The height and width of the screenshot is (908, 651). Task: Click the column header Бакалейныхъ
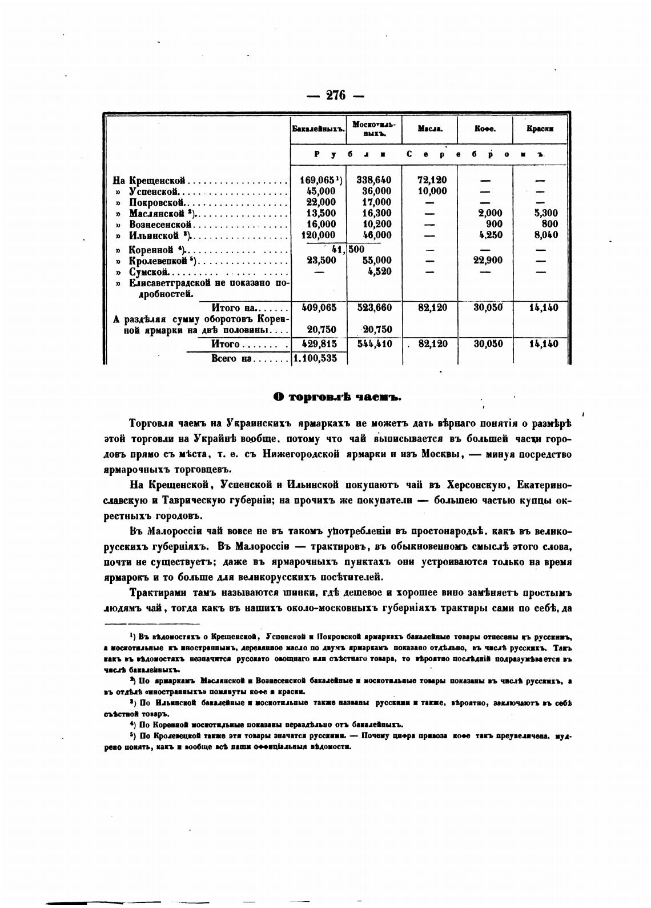(x=319, y=129)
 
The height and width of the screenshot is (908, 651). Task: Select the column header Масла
(x=429, y=129)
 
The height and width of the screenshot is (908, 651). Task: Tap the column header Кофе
(x=485, y=129)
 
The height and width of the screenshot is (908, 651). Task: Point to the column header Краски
(x=540, y=129)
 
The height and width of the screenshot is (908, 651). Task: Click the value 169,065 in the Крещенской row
(x=319, y=180)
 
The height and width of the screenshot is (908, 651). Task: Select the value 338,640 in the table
(x=374, y=180)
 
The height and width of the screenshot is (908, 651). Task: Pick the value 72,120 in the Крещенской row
(x=432, y=180)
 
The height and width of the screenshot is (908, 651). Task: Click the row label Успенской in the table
(x=155, y=191)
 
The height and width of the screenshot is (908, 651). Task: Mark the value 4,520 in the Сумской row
(x=379, y=272)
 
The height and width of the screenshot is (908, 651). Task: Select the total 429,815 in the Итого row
(x=319, y=344)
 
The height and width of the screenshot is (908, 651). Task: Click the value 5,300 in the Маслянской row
(x=545, y=213)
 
